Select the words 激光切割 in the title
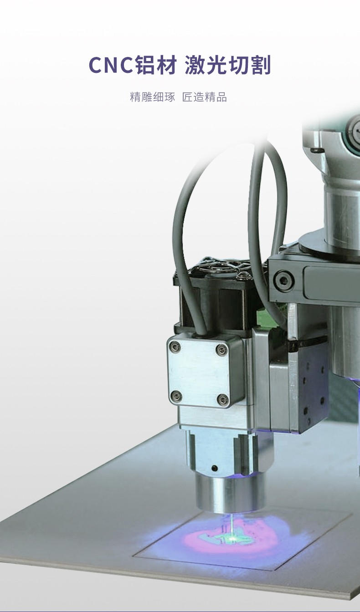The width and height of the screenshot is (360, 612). (x=228, y=65)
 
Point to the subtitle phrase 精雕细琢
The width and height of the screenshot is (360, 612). (x=152, y=97)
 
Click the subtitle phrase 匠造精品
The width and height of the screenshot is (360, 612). (x=205, y=97)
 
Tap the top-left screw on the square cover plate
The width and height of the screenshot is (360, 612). (x=175, y=347)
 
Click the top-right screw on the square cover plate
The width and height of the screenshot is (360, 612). (x=221, y=349)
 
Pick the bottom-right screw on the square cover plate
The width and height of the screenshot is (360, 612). (x=222, y=398)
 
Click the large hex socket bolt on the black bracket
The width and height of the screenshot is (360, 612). (x=284, y=280)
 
